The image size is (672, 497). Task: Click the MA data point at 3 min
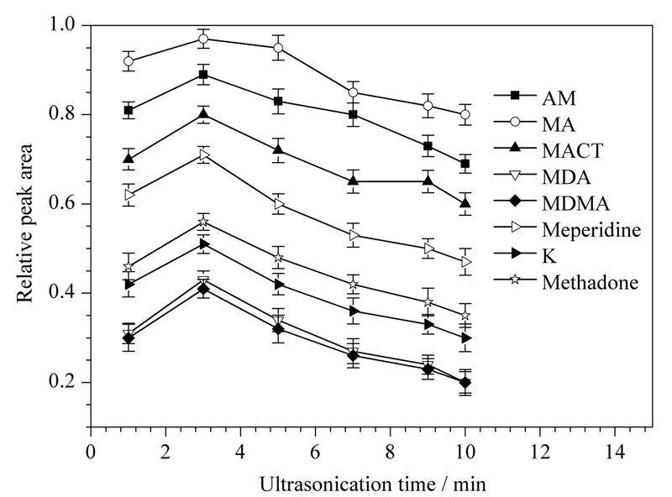click(x=203, y=39)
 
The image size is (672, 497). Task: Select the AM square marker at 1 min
click(x=129, y=111)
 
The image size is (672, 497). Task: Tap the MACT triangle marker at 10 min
click(x=465, y=203)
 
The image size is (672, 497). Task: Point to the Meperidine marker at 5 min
click(x=279, y=203)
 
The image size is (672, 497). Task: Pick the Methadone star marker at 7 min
click(x=353, y=284)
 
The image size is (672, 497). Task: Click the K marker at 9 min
click(x=428, y=324)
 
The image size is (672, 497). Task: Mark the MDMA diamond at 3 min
click(x=203, y=289)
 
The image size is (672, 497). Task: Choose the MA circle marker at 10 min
click(x=465, y=114)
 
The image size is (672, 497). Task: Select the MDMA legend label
click(x=575, y=203)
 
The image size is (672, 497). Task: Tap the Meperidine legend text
click(x=591, y=230)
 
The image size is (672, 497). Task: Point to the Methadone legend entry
click(x=591, y=282)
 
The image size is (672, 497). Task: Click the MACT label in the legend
click(x=573, y=151)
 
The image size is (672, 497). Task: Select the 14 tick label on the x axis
click(x=615, y=451)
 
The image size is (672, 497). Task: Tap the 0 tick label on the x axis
click(x=91, y=451)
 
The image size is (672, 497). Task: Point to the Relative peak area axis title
click(x=25, y=223)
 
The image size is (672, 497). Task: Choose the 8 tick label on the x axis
click(x=390, y=451)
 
